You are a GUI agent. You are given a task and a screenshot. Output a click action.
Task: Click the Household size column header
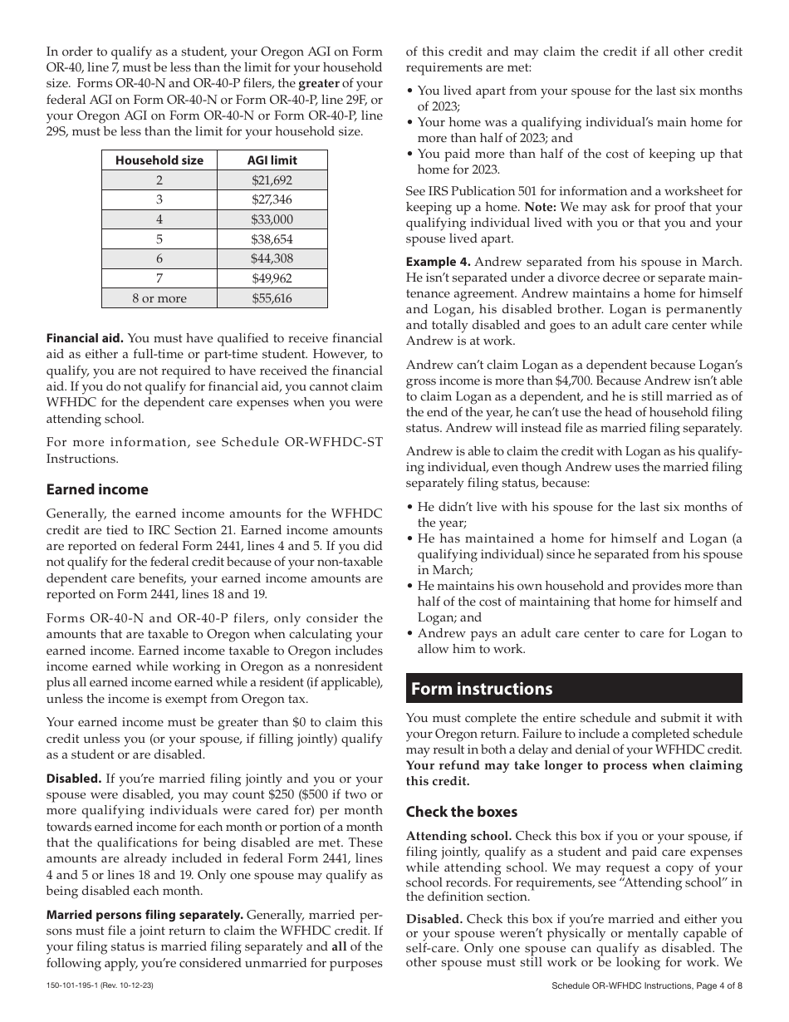[159, 160]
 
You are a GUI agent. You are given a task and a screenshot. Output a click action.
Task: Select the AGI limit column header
[272, 160]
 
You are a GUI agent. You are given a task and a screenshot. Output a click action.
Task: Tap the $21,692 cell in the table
[272, 179]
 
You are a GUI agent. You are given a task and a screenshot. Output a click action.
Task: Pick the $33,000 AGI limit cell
[272, 219]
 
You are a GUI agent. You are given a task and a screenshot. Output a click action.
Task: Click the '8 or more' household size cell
[159, 298]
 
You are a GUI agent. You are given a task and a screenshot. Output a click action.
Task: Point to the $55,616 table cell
[272, 298]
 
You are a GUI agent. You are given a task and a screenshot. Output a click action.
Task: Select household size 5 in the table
[159, 239]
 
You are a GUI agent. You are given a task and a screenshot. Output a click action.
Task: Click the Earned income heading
[97, 489]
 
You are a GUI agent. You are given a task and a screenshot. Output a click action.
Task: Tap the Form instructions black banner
[574, 689]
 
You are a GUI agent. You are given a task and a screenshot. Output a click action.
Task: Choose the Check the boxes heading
[461, 812]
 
